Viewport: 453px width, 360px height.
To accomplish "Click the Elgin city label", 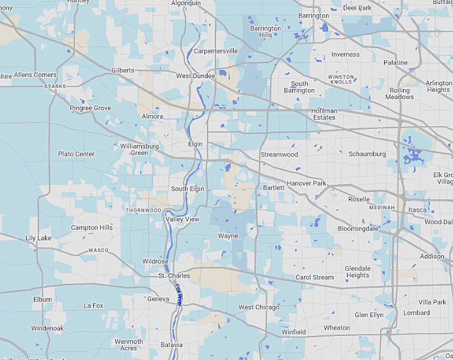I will pos(195,144).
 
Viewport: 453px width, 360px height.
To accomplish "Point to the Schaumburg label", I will pos(368,154).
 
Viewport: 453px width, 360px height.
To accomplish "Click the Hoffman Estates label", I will pos(324,115).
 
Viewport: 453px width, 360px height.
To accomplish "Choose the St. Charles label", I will pos(174,276).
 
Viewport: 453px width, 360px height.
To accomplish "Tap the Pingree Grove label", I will pos(90,108).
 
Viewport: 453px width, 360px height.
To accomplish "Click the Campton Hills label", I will pos(91,228).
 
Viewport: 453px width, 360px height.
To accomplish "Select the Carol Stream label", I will pos(314,277).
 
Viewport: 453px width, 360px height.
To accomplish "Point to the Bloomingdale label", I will pos(358,229).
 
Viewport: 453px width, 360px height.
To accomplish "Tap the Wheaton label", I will pos(336,328).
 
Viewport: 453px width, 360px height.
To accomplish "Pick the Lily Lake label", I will pos(38,238).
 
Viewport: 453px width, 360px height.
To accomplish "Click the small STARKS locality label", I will pos(55,86).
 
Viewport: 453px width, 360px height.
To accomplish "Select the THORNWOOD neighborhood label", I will pos(143,210).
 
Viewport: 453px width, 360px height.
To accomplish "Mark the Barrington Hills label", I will pos(266,32).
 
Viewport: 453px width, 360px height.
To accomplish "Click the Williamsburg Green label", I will pos(139,150).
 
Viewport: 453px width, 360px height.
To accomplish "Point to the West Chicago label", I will pos(259,307).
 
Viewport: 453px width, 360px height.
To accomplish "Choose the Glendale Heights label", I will pos(357,271).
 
